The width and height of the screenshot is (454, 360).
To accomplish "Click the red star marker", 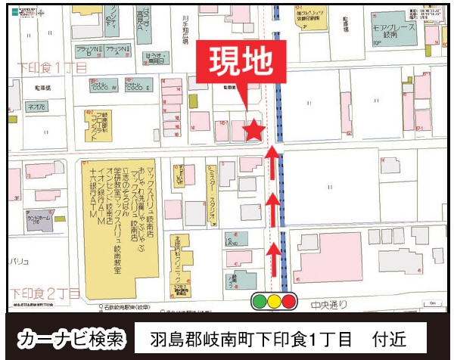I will point(253,130).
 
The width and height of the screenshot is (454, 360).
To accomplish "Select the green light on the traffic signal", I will point(260,301).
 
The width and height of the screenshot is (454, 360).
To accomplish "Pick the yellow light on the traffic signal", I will point(274,301).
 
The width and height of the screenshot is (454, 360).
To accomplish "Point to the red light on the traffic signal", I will point(288,301).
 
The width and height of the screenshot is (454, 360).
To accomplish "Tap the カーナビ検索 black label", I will point(72,337).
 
